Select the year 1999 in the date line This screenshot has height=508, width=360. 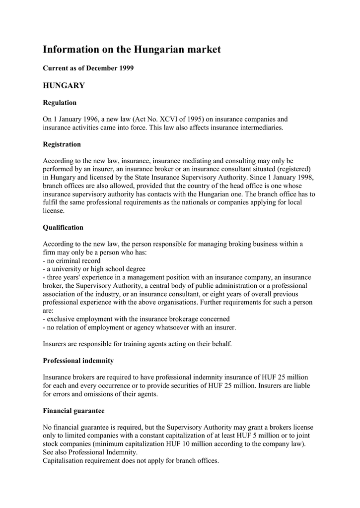coord(126,68)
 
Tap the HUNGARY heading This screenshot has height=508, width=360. coord(64,86)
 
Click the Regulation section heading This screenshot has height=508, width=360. coord(60,103)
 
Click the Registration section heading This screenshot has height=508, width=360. coord(62,144)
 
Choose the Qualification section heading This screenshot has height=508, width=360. coord(63,227)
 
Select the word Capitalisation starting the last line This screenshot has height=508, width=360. coord(64,460)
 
